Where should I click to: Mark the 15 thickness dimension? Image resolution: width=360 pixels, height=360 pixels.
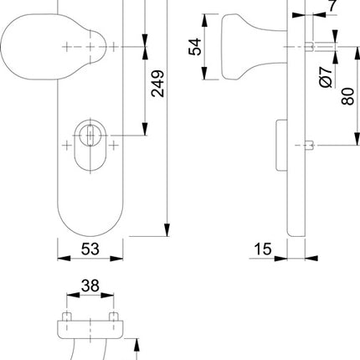261,249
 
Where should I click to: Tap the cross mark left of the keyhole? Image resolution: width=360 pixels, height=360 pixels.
67,146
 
